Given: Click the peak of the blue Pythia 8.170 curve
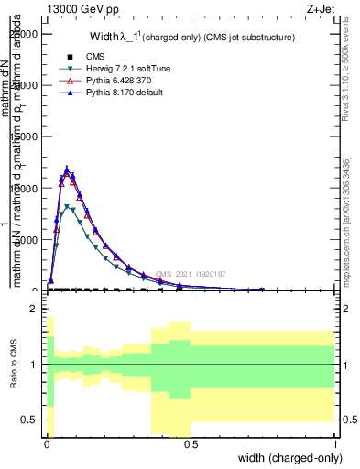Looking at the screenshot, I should pyautogui.click(x=67, y=169).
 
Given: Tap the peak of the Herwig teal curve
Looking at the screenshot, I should pyautogui.click(x=67, y=207).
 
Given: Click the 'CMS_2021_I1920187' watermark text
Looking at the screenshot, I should pyautogui.click(x=190, y=274).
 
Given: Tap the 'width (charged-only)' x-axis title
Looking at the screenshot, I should pyautogui.click(x=289, y=458).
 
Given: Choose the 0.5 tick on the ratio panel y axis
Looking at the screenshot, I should pyautogui.click(x=28, y=420).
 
